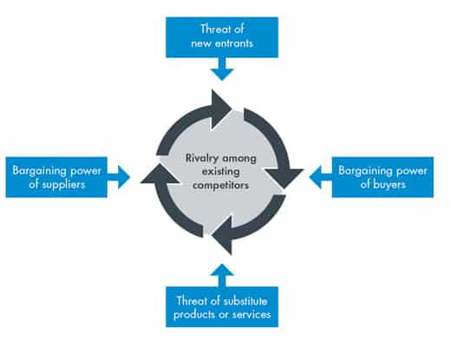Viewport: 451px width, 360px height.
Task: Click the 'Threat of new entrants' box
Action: pyautogui.click(x=222, y=37)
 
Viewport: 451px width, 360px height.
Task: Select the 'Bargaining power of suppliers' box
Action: pyautogui.click(x=56, y=177)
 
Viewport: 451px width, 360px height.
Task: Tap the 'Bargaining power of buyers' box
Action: pyautogui.click(x=382, y=177)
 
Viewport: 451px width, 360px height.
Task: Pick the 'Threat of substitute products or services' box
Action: pyautogui.click(x=222, y=307)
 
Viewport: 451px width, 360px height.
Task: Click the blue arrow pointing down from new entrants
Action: pyautogui.click(x=222, y=69)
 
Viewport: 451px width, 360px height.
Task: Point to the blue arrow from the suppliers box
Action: pyautogui.click(x=119, y=177)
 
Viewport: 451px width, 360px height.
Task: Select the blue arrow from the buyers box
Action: pyautogui.click(x=321, y=177)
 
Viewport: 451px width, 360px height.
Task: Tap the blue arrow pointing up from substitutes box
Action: pyautogui.click(x=222, y=275)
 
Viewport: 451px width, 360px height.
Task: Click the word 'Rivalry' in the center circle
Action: pyautogui.click(x=201, y=159)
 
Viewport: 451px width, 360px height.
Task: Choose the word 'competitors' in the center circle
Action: pyautogui.click(x=220, y=185)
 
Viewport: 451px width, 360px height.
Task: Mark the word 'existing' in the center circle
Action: pyautogui.click(x=220, y=172)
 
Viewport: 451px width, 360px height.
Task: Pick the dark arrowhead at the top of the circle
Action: pyautogui.click(x=221, y=109)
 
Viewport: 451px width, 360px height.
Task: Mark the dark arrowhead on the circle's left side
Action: pyautogui.click(x=160, y=173)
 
